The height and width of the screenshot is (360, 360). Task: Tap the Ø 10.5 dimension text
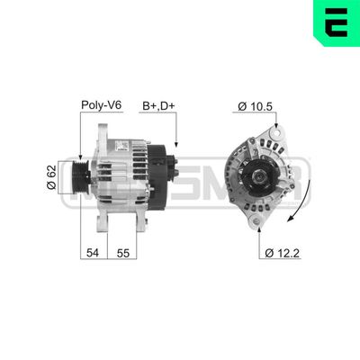[256, 106]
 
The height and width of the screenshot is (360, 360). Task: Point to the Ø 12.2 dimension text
[283, 253]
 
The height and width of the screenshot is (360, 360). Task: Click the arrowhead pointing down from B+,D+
[176, 143]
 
